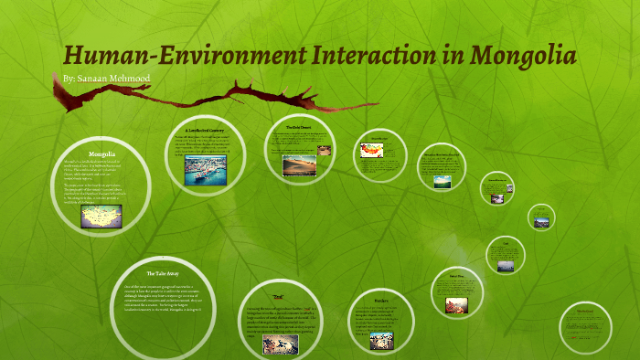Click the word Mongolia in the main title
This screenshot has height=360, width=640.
[x=522, y=56]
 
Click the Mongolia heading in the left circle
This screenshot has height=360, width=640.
[x=101, y=154]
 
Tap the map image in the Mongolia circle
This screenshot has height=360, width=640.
[x=101, y=216]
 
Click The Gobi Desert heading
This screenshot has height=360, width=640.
[x=299, y=127]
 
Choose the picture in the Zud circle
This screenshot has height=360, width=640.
[x=281, y=344]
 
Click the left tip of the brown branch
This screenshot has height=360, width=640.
[x=62, y=103]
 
